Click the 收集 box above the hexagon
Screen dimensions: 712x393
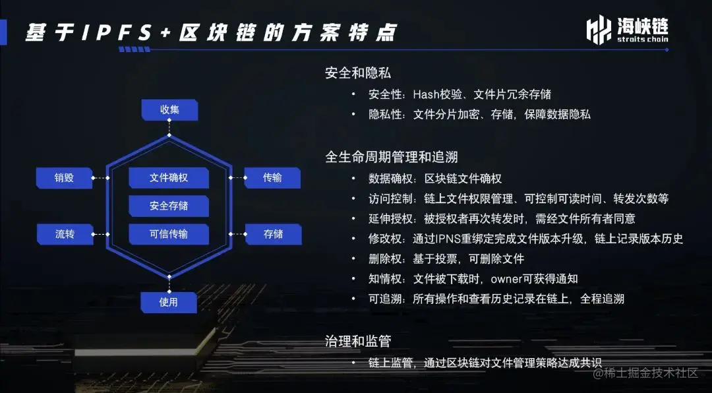tap(169, 109)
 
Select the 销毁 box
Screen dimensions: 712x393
tap(64, 177)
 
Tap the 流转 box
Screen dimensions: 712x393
tap(65, 233)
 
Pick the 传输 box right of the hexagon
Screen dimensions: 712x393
tap(272, 177)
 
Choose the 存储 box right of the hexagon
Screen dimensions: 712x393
tap(273, 233)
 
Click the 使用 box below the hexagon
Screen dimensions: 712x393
tap(169, 302)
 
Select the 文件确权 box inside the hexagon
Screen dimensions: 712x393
tap(169, 178)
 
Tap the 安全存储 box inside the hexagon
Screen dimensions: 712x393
tap(169, 206)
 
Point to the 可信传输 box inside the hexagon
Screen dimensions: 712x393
tap(169, 233)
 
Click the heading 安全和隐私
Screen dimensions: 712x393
tap(358, 73)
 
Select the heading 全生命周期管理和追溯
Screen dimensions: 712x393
tap(392, 157)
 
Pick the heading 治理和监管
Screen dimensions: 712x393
tap(358, 341)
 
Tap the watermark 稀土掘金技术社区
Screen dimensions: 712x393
tap(645, 373)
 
